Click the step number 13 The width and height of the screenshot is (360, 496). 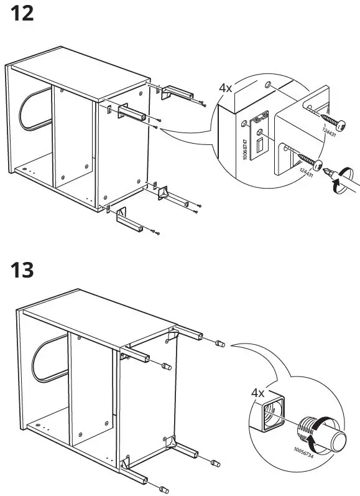[22, 271]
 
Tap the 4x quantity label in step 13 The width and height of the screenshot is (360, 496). [257, 393]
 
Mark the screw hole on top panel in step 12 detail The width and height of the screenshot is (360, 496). [267, 83]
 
